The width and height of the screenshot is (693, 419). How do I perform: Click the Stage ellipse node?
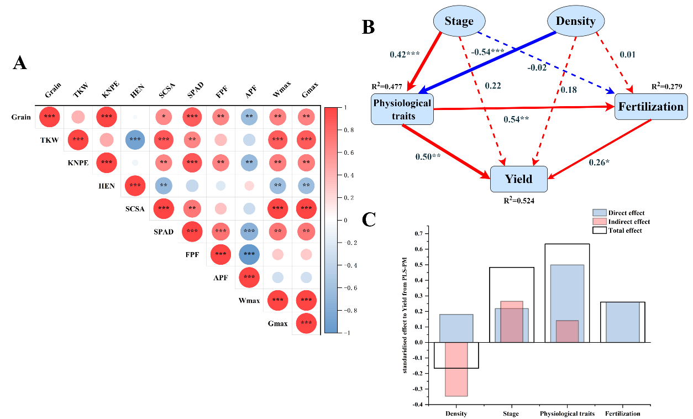(459, 22)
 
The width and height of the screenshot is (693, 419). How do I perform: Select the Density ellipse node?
(575, 22)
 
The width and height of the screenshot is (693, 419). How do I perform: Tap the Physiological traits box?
(402, 109)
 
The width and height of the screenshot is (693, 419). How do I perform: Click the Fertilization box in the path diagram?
(650, 107)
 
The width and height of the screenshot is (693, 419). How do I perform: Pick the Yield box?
(518, 179)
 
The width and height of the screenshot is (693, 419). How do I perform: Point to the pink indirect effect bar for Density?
(456, 369)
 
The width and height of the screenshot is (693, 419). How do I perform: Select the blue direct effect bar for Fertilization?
(623, 322)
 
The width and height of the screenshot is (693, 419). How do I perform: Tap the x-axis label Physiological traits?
(567, 413)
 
